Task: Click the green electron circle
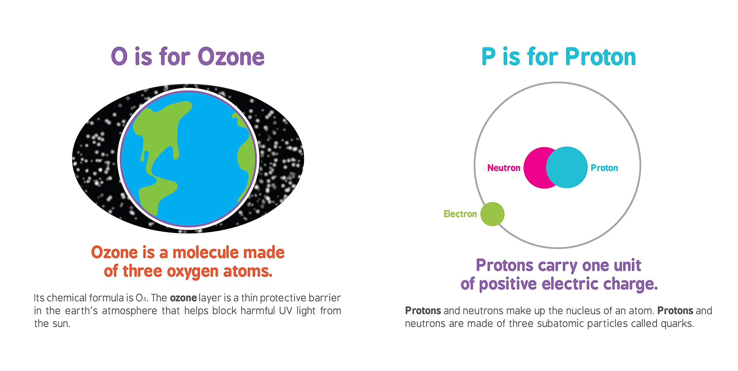click(x=492, y=214)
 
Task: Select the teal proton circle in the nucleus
click(x=567, y=167)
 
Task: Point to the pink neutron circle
click(x=536, y=168)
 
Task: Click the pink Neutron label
click(x=504, y=168)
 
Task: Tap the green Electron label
click(x=460, y=214)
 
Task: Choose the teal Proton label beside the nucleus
click(x=605, y=168)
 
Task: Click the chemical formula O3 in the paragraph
click(x=141, y=298)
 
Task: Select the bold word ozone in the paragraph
click(x=183, y=298)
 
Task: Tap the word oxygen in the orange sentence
click(x=193, y=272)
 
